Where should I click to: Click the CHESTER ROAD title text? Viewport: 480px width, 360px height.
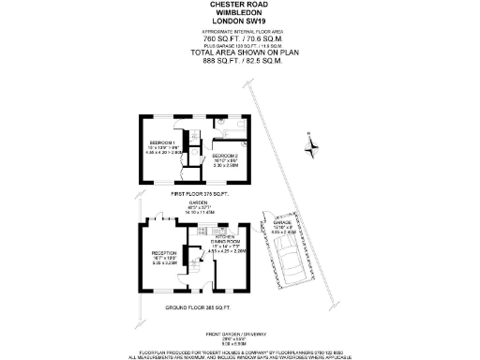239,4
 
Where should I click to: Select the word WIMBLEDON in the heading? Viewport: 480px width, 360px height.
239,13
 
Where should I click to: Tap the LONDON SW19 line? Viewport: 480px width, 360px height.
239,22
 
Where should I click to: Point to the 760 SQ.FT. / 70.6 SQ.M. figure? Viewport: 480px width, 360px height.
239,37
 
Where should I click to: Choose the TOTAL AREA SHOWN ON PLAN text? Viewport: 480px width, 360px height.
239,52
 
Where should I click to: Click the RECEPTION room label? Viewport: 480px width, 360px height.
165,254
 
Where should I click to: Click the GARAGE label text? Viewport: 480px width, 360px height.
284,223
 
